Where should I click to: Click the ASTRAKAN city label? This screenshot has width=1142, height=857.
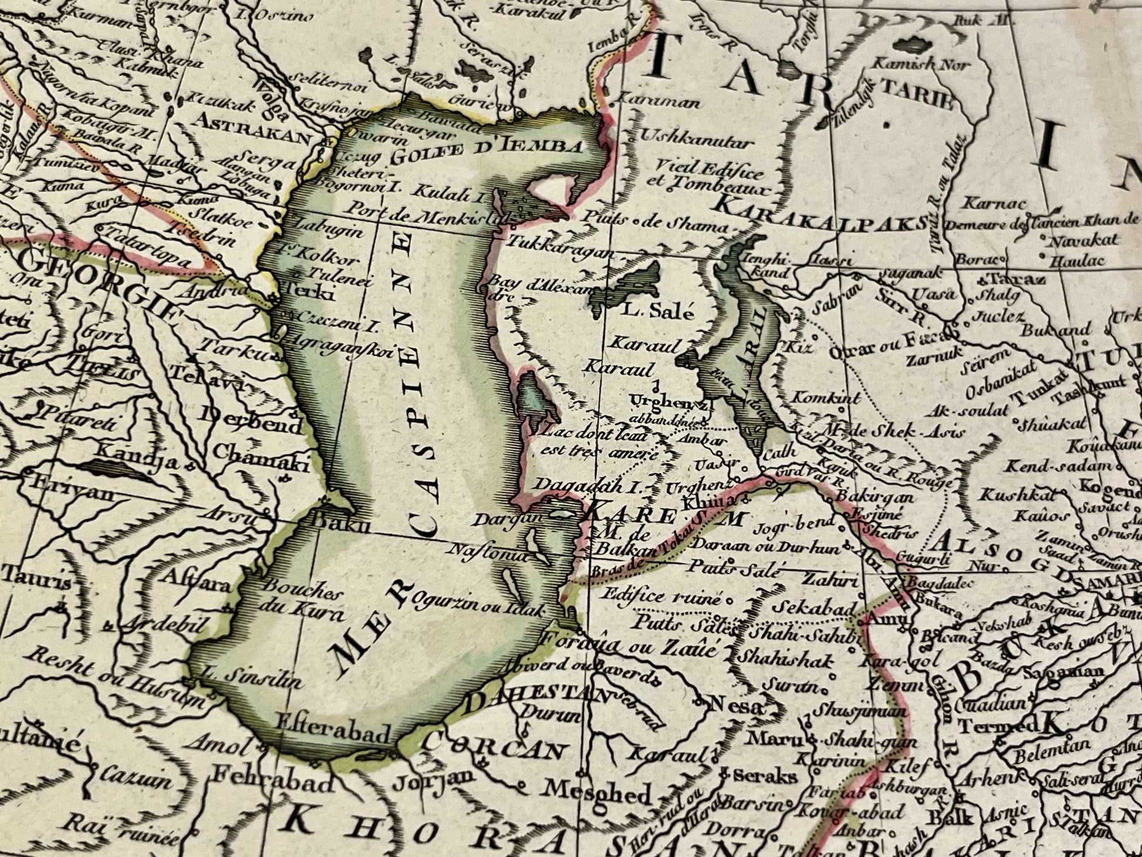click(x=254, y=137)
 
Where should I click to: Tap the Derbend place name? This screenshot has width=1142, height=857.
click(x=252, y=414)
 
